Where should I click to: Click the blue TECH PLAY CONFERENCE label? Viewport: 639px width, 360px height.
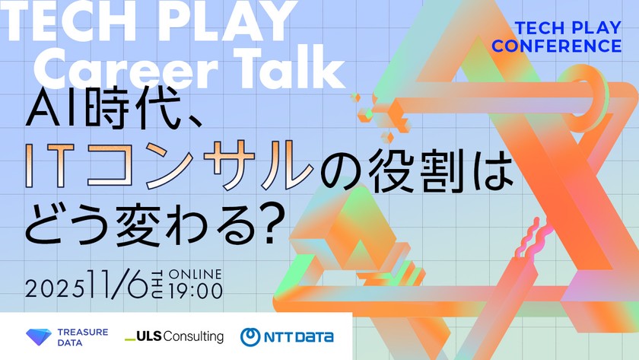(557, 37)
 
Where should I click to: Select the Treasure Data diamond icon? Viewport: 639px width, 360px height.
(39, 337)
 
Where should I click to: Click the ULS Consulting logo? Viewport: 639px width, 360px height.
(174, 336)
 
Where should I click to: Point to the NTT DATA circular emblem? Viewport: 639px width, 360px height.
(250, 337)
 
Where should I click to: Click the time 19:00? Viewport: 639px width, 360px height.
(196, 291)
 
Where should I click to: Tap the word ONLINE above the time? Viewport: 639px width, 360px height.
(196, 274)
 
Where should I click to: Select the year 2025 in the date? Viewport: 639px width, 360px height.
(55, 289)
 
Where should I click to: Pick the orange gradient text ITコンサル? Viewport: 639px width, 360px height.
(169, 165)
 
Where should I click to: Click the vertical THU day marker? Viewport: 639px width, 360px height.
(157, 285)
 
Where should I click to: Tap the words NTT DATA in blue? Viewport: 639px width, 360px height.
(299, 337)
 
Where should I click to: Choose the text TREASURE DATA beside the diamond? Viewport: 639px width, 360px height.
(83, 337)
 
